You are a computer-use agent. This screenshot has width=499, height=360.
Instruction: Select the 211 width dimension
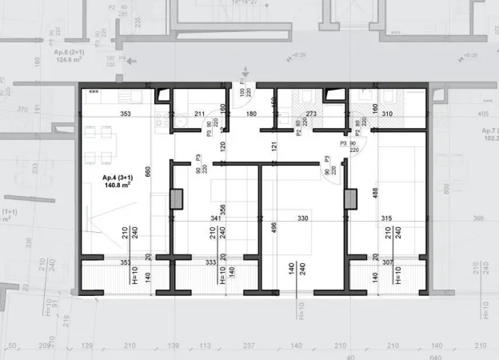(x=199, y=114)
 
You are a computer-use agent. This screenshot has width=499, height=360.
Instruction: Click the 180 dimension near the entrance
(x=250, y=114)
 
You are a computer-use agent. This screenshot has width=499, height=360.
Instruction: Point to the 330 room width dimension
(x=303, y=218)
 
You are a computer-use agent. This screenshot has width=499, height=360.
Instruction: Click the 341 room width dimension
(x=216, y=218)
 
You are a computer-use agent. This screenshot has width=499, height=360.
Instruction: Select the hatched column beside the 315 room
(x=350, y=198)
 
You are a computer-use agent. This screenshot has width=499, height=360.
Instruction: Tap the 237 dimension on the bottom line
(x=249, y=346)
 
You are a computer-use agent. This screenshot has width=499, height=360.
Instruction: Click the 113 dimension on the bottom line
(x=205, y=346)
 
